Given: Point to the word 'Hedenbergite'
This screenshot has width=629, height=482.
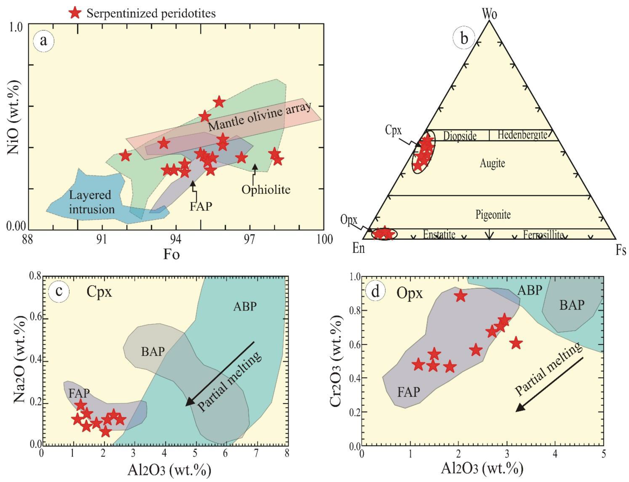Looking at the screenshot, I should pos(522,135).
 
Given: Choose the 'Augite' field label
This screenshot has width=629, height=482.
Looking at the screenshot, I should pos(492,163).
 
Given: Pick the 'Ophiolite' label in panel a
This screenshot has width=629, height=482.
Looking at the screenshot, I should pos(266,190).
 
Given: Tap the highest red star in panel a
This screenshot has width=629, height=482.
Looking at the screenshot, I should pos(219,102).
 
